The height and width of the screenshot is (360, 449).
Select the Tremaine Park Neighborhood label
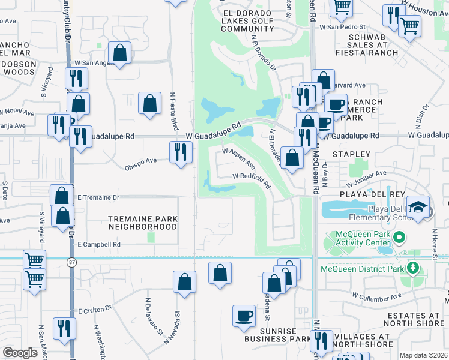143,223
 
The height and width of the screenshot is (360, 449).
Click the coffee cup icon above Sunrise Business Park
244,316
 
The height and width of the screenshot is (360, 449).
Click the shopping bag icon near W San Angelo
120,53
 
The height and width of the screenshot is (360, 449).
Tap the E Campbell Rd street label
99,245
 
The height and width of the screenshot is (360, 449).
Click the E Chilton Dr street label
95,310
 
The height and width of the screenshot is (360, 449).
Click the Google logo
20,352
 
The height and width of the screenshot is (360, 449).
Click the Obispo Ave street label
140,161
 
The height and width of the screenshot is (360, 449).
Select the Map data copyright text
424,355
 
